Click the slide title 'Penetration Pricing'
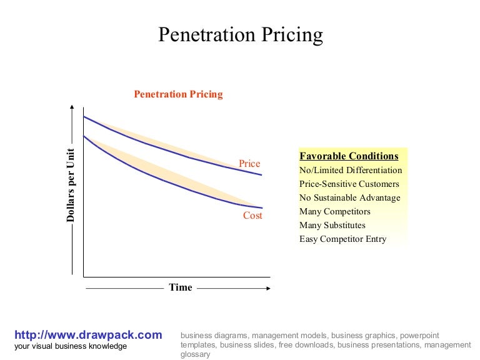point(240,34)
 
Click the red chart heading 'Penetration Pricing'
point(178,94)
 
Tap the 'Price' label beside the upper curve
point(249,164)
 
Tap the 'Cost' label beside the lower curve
point(252,216)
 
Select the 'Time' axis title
point(181,287)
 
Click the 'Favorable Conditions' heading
point(349,156)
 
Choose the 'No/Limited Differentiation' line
point(351,170)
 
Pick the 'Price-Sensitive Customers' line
point(349,184)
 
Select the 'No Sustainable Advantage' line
point(350,197)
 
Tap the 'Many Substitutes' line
point(332,225)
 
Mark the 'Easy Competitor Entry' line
point(342,239)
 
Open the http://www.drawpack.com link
point(87,335)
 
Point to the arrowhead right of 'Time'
point(268,288)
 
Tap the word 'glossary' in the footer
point(195,354)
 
